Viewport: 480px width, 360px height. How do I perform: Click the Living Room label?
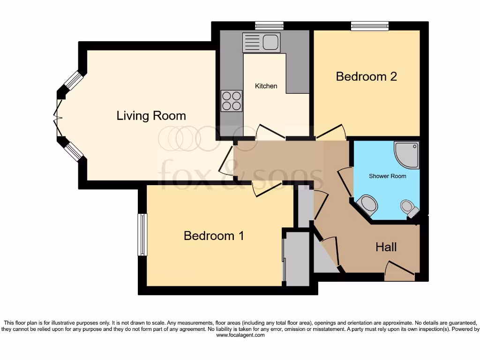click(151, 115)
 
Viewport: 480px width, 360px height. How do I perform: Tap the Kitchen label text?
click(266, 86)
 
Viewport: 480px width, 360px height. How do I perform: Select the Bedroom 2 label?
click(366, 76)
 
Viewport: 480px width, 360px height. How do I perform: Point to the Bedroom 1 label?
click(213, 235)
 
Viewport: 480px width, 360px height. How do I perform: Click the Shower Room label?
click(387, 176)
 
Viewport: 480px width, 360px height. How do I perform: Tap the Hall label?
click(386, 247)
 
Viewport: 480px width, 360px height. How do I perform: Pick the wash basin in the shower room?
click(367, 205)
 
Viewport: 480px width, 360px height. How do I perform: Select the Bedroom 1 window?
click(142, 234)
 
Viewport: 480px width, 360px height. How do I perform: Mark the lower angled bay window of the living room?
click(73, 151)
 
